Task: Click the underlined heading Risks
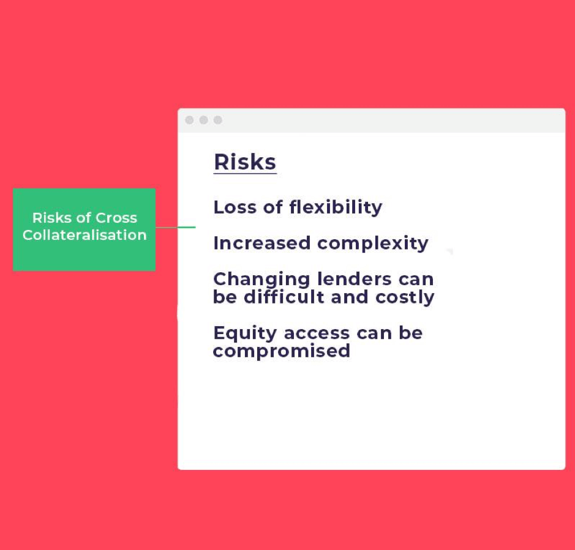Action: coord(245,162)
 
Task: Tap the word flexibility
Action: coord(336,208)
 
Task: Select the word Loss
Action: coord(235,207)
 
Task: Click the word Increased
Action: coord(262,243)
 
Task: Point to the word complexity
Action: coord(372,244)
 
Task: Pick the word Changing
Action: coord(262,280)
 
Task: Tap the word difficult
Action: coord(284,297)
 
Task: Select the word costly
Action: coord(405,297)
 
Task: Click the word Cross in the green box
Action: coord(116,218)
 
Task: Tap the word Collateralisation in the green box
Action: coord(85,235)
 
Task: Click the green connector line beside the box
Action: coord(176,227)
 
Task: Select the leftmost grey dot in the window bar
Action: coord(189,120)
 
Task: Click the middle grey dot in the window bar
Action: coord(203,120)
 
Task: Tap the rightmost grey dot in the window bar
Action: coord(218,120)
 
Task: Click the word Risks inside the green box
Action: coord(51,218)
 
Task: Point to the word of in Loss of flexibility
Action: coord(273,207)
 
